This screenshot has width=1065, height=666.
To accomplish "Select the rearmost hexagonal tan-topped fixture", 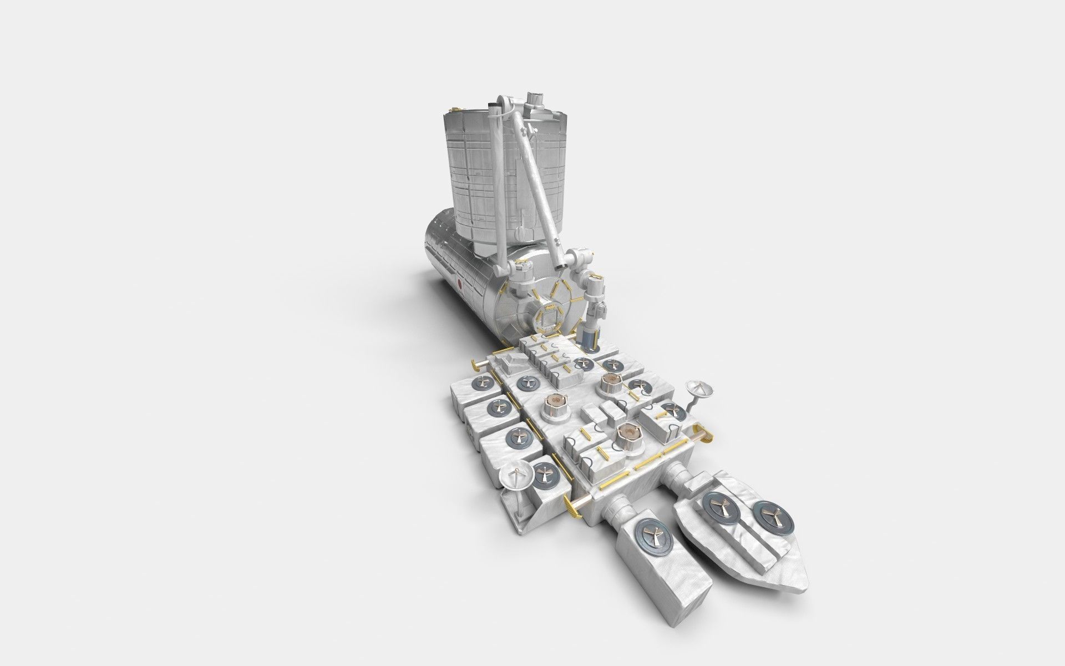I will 610,382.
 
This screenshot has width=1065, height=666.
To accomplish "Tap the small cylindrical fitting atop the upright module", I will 536,99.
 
